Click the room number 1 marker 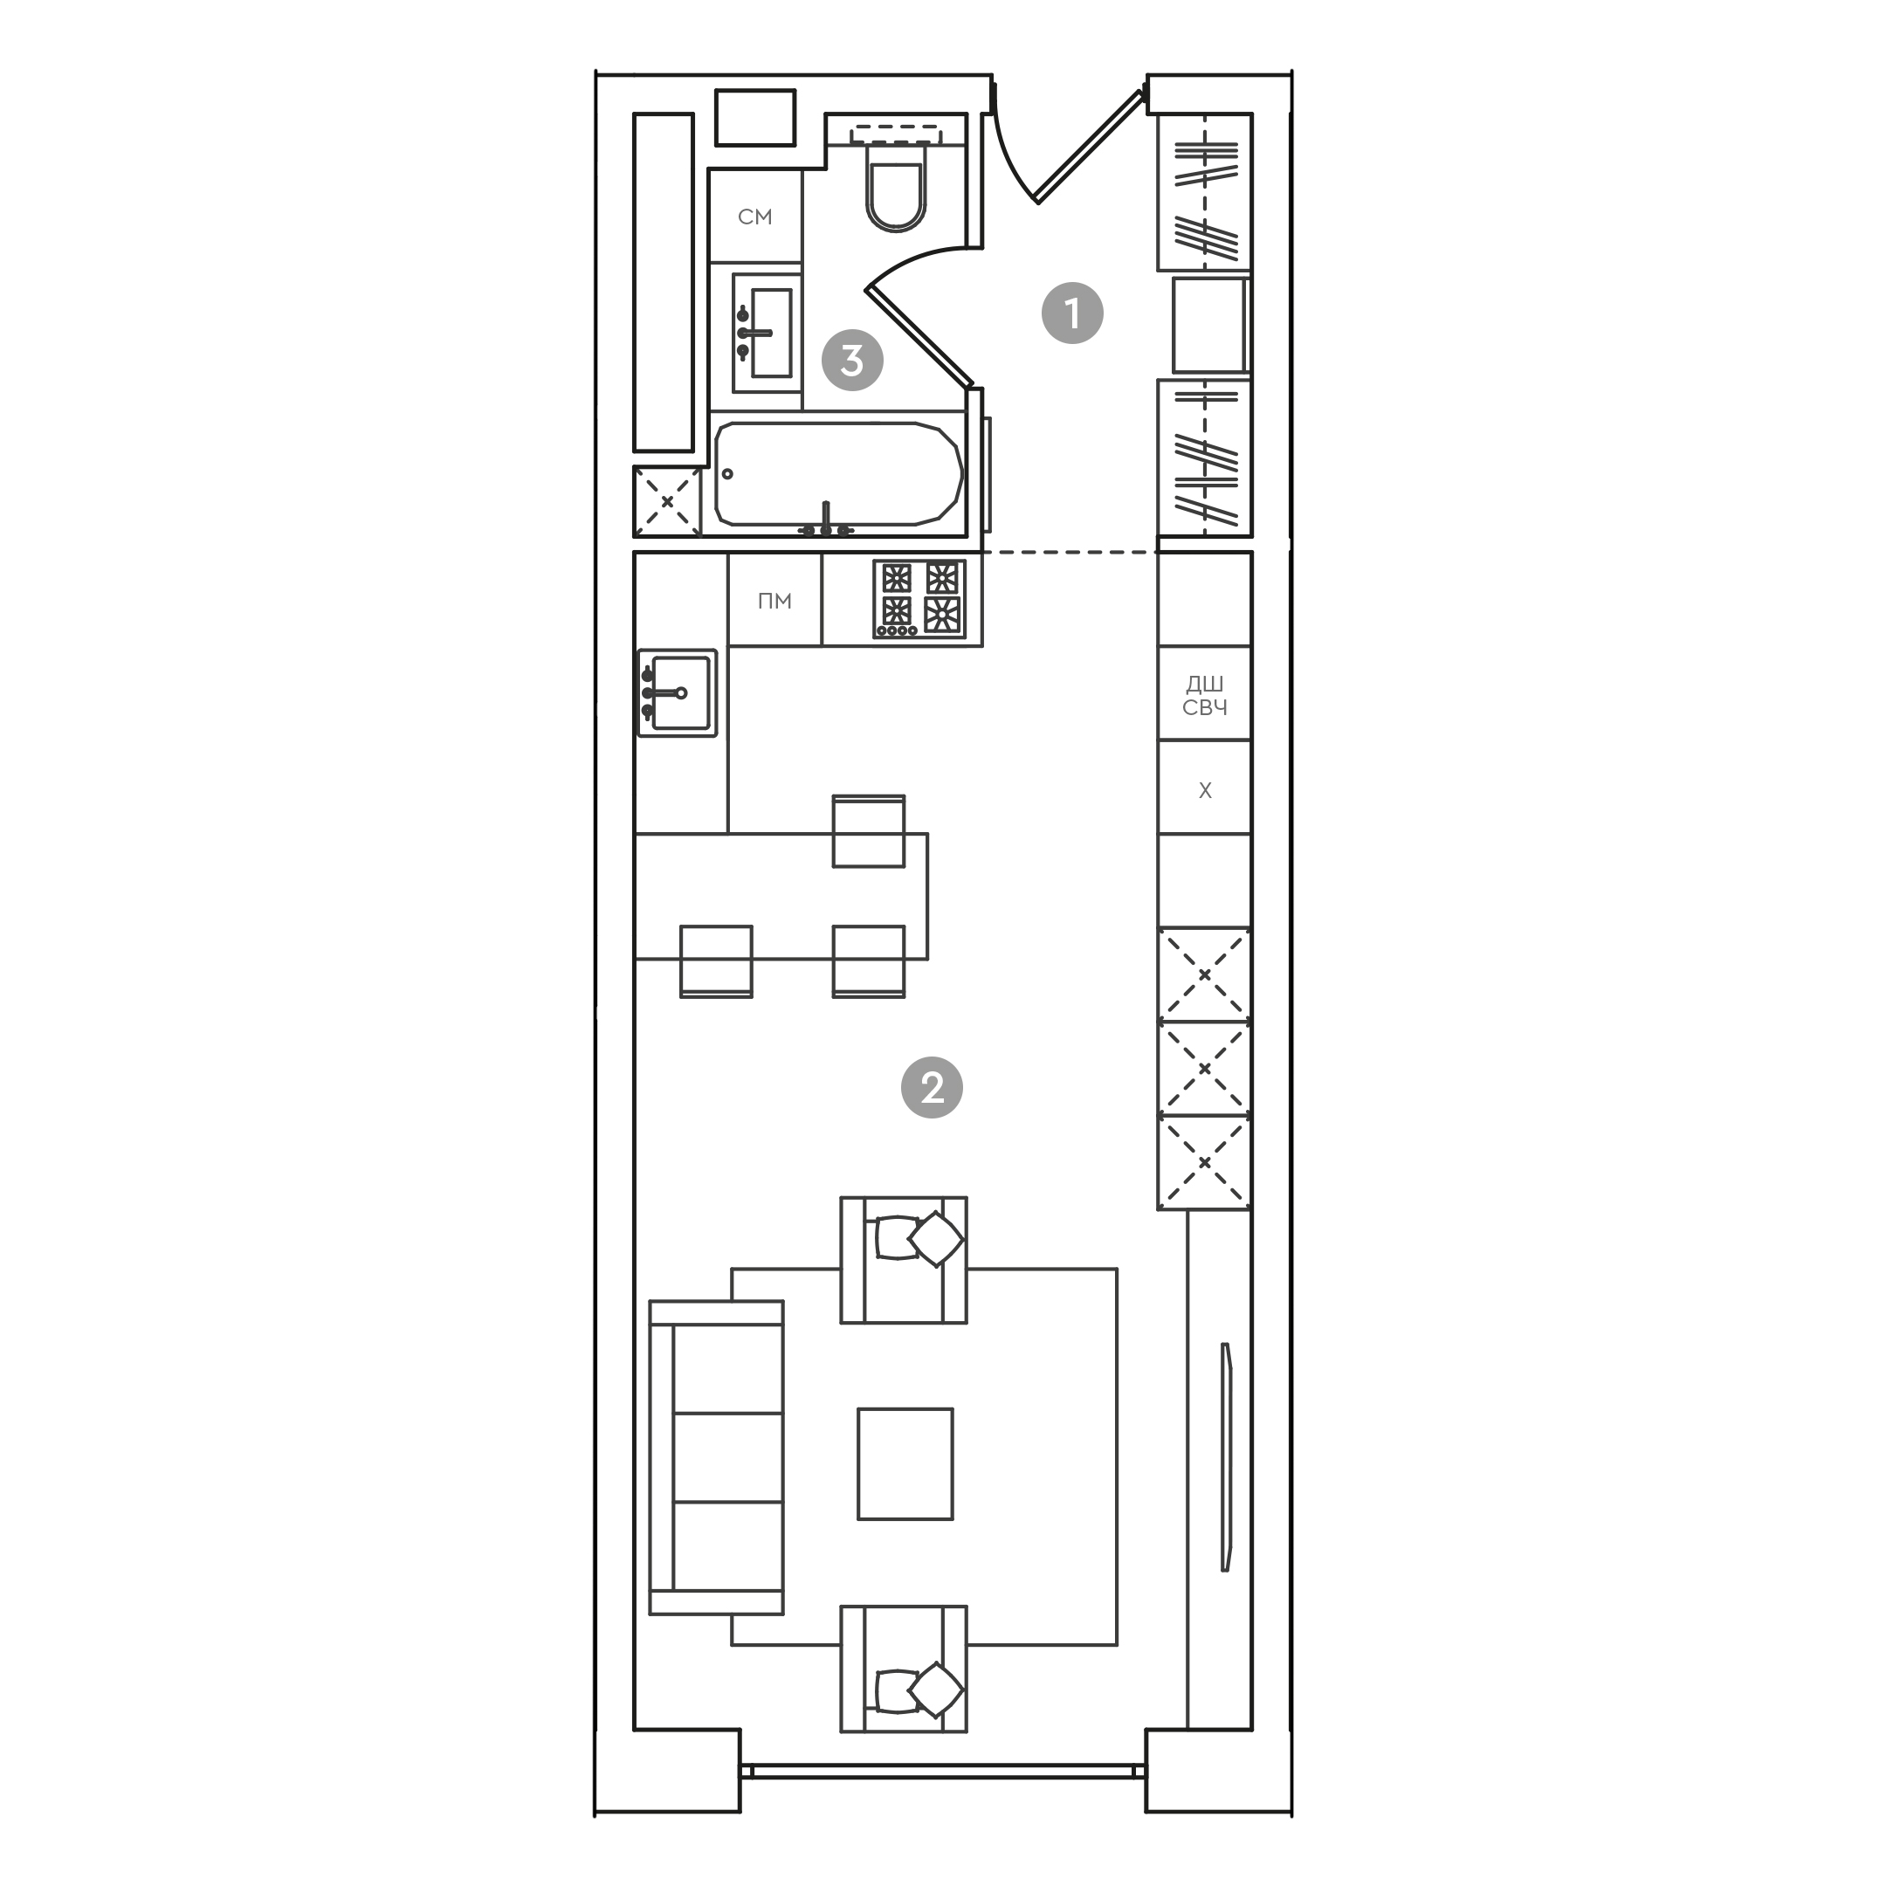click(x=1072, y=313)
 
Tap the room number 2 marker click(x=932, y=1086)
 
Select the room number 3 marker click(x=852, y=361)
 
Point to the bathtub click(x=837, y=474)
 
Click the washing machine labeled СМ click(x=754, y=216)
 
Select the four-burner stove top click(x=919, y=597)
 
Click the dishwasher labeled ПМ click(x=774, y=601)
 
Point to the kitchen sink click(x=678, y=692)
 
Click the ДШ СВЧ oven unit click(x=1204, y=694)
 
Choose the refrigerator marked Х click(x=1204, y=788)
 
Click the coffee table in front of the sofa click(x=905, y=1463)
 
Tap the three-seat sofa click(x=717, y=1456)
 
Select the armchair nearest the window click(x=904, y=1669)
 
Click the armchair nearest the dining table click(x=904, y=1260)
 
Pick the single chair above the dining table click(x=868, y=829)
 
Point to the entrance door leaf click(x=1089, y=148)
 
